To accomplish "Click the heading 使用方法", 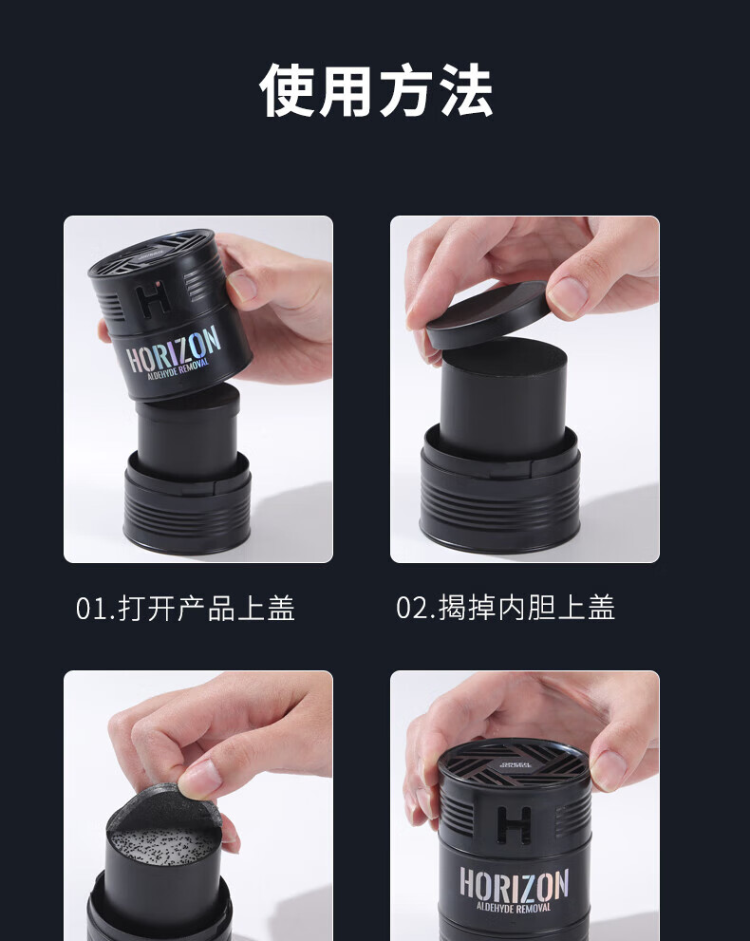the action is coord(376,90).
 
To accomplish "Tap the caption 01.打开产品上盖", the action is coord(185,608).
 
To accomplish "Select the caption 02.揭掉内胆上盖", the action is coord(506,608).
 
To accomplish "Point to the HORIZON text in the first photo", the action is coord(174,351).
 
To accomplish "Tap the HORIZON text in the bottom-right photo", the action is coord(514,885).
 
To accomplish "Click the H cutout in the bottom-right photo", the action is coord(514,825).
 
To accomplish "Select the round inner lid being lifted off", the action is coord(487,314).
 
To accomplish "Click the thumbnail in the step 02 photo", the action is coord(567,297).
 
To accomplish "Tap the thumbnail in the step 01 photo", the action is coord(242,286).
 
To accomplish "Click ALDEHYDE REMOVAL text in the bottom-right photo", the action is coord(514,907).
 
